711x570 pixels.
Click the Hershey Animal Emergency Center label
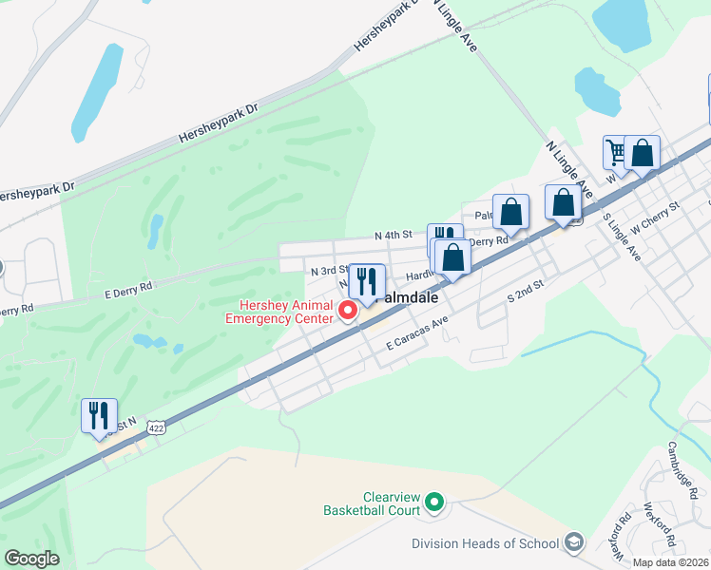(x=285, y=312)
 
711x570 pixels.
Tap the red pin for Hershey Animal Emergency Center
(x=348, y=310)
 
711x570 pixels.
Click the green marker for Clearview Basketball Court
(x=435, y=501)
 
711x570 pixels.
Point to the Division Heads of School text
(x=485, y=543)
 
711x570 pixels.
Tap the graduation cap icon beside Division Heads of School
(x=574, y=542)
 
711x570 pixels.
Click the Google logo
(x=31, y=559)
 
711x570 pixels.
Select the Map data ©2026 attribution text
(x=671, y=562)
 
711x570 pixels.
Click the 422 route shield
(x=158, y=430)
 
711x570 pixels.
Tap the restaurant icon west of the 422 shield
(x=99, y=416)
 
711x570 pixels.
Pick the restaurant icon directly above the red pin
(x=367, y=281)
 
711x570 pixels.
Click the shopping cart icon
(x=618, y=153)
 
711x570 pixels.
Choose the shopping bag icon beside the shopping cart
(x=643, y=153)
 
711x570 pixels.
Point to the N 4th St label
(x=394, y=235)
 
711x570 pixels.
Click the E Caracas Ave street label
(x=417, y=339)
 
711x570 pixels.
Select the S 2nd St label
(x=525, y=291)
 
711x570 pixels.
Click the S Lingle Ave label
(x=623, y=237)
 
